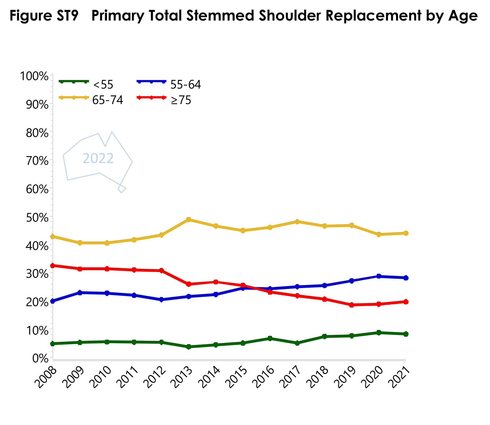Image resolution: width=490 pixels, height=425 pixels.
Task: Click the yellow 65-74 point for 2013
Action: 189,219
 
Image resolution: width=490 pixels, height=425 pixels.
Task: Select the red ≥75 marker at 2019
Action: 352,305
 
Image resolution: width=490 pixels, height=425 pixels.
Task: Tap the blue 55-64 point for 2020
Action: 379,276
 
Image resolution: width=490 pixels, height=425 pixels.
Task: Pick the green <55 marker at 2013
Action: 189,347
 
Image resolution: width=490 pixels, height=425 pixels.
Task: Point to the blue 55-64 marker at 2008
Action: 53,301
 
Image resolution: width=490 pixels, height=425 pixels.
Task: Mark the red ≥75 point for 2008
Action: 53,265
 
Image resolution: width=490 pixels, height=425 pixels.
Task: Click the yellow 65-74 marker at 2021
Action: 406,233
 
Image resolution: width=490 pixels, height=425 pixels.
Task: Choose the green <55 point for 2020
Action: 379,333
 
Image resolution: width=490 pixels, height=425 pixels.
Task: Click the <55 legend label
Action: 103,85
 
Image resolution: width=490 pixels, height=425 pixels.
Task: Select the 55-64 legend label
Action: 186,85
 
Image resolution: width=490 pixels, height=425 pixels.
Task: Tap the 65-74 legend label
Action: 108,101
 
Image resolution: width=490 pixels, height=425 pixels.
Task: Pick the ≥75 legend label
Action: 181,101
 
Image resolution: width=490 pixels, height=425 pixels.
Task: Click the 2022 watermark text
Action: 98,159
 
